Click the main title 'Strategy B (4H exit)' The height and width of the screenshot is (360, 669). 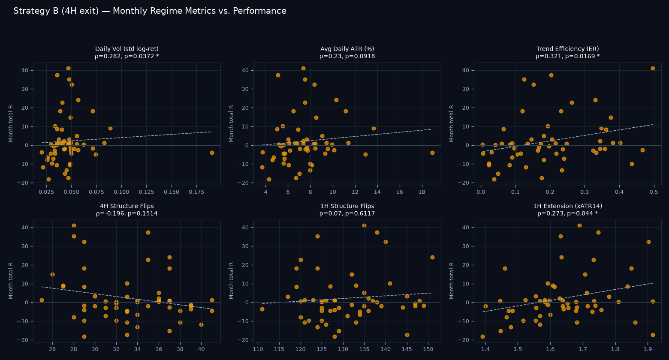point(56,11)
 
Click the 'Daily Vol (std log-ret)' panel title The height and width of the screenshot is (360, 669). point(127,49)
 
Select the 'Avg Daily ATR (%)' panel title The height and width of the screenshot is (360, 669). point(347,49)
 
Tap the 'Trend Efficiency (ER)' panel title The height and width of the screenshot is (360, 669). point(567,49)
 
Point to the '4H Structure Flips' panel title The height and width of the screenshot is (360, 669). point(127,206)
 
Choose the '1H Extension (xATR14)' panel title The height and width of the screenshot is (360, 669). point(567,206)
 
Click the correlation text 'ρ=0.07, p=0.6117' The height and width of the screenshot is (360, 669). point(347,213)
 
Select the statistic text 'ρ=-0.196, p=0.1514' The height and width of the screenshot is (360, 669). point(127,213)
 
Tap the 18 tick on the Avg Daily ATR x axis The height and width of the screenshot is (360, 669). point(422,192)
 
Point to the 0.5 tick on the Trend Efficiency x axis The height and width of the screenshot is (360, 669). point(654,192)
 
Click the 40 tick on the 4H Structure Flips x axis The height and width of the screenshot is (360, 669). point(201,349)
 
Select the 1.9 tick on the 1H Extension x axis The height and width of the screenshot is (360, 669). point(648,349)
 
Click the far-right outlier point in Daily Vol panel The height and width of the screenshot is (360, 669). point(212,153)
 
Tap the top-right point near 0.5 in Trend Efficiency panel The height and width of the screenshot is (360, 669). point(653,69)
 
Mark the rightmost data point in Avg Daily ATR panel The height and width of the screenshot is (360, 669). point(432,153)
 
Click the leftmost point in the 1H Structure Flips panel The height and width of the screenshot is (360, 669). point(262,309)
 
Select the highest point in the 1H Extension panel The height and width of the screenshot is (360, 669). point(579,226)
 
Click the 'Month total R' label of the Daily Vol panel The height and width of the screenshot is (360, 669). point(11,123)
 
